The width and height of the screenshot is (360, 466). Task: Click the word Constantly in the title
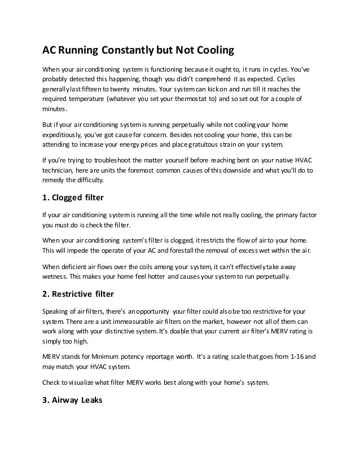tap(124, 51)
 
